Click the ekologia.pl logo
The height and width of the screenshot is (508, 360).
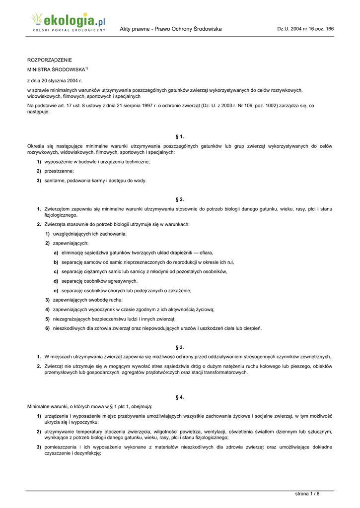click(x=69, y=22)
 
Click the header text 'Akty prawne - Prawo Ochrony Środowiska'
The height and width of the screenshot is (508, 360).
click(x=170, y=29)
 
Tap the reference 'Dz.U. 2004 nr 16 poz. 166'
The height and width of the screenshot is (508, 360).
click(x=305, y=29)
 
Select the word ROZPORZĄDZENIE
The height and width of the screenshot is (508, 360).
click(x=49, y=60)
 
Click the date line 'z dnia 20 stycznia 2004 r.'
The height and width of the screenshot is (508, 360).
click(x=54, y=80)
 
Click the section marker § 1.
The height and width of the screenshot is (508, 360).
click(x=180, y=136)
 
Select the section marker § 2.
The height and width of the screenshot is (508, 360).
click(x=180, y=199)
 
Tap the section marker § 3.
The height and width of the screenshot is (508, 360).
click(x=180, y=347)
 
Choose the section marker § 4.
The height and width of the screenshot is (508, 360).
click(x=180, y=397)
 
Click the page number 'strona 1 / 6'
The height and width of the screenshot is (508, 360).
click(x=307, y=493)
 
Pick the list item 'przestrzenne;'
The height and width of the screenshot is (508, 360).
click(x=59, y=171)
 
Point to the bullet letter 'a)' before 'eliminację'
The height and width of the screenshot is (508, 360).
click(x=56, y=253)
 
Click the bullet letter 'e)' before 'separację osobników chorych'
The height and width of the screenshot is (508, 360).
click(x=56, y=291)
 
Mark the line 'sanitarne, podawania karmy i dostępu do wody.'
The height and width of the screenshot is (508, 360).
click(x=95, y=181)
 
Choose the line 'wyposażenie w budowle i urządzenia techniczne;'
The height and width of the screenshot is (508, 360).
click(x=97, y=162)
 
